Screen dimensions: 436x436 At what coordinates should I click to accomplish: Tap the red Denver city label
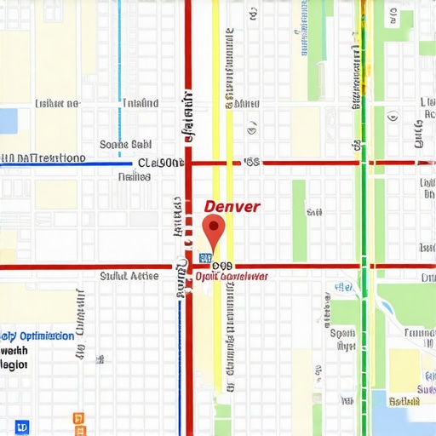232,206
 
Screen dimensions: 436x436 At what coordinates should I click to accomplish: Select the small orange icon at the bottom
79,418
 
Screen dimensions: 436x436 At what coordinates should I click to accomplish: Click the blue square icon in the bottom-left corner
21,426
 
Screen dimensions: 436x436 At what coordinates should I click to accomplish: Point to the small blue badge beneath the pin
204,256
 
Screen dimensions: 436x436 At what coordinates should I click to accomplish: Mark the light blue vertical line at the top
119,51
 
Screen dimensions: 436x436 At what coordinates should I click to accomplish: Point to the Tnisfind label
140,103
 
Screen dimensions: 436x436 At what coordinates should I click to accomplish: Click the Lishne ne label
57,103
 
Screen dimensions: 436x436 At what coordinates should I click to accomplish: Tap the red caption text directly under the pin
232,277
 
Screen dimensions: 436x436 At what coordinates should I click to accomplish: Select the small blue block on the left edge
8,121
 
